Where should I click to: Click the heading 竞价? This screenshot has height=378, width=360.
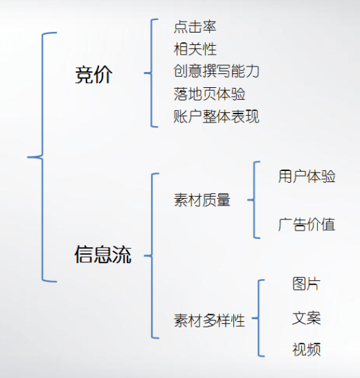click(93, 75)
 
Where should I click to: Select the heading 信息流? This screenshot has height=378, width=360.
click(103, 254)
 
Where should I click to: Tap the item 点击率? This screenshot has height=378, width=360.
click(195, 26)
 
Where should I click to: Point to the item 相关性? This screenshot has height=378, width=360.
click(195, 49)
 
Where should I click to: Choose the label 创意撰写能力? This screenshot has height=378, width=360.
click(216, 71)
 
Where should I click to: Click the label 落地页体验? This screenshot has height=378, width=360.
click(209, 94)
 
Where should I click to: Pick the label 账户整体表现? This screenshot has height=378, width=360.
click(216, 116)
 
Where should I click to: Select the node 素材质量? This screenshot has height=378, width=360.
click(202, 200)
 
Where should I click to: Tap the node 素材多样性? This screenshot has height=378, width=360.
click(209, 321)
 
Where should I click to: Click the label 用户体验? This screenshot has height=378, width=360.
click(307, 177)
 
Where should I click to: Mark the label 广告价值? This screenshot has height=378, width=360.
click(307, 224)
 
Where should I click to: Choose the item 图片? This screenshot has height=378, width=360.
click(307, 284)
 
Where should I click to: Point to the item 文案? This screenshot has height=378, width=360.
click(307, 318)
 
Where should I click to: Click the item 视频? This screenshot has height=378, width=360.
click(307, 350)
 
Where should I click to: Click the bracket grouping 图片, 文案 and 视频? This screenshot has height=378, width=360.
click(258, 318)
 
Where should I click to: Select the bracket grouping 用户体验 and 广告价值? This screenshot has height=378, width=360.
click(254, 200)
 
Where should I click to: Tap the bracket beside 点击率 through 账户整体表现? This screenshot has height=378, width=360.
click(152, 73)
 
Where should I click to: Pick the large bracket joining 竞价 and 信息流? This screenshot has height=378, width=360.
click(42, 157)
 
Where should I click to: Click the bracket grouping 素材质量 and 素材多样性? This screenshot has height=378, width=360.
click(152, 255)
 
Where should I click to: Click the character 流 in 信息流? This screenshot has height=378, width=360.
click(123, 254)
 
